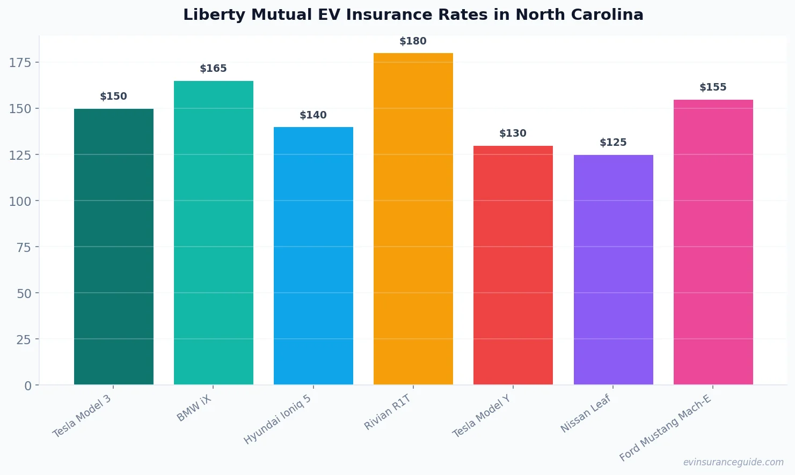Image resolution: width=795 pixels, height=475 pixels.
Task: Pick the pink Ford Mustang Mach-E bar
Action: point(713,242)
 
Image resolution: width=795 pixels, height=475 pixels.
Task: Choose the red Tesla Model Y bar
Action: point(513,265)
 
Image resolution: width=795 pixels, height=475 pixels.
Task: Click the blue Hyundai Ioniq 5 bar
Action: point(313,256)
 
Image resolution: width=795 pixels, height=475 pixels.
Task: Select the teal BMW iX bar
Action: point(213,233)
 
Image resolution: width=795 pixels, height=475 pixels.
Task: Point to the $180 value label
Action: point(413,41)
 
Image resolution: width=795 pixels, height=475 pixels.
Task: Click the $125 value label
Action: point(613,143)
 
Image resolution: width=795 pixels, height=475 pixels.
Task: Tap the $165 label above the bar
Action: point(213,69)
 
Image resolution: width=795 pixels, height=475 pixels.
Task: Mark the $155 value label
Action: point(713,87)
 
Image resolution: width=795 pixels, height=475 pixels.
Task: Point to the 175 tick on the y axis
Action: point(20,63)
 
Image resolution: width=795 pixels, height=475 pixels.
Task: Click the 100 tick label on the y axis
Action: point(20,201)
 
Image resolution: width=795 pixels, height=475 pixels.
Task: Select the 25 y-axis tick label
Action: point(24,339)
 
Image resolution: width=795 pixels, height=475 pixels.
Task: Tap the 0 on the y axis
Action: point(28,386)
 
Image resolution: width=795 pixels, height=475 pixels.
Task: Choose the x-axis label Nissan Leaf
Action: point(586,413)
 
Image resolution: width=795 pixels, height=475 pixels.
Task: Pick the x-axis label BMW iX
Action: point(194,409)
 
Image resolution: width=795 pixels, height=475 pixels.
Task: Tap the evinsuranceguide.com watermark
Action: point(733,462)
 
